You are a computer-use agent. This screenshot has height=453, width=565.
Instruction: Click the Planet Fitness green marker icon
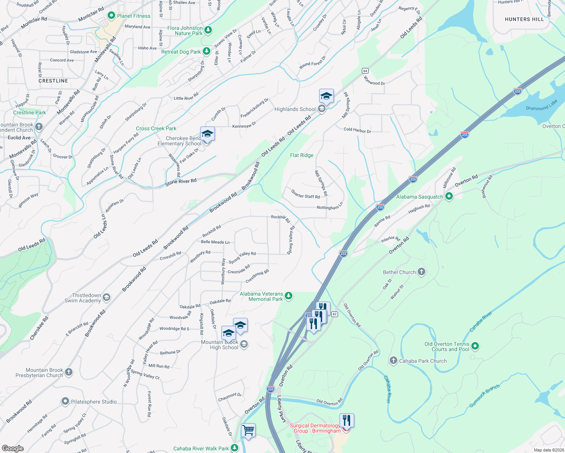[111, 15]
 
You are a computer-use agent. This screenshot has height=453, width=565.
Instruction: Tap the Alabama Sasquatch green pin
[449, 196]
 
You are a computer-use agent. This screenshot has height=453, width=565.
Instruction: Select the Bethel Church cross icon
[421, 272]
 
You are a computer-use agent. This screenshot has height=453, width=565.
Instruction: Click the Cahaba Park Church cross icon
[394, 361]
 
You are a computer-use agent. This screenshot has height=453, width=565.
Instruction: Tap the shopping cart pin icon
[248, 430]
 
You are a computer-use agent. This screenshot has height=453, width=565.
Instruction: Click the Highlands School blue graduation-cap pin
[326, 96]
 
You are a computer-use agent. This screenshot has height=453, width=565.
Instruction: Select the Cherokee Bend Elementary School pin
[207, 134]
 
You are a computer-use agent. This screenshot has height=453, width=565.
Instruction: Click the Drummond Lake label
[541, 105]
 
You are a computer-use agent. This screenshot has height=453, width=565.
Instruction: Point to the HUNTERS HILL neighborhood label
[524, 19]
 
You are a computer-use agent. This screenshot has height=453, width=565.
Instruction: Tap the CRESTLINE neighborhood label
[53, 81]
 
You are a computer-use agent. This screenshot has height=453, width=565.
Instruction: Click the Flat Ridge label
[301, 155]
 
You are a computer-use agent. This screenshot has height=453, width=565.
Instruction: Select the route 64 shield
[365, 71]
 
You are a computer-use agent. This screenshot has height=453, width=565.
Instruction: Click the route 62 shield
[335, 314]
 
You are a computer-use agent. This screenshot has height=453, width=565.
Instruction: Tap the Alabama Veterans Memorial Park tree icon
[289, 296]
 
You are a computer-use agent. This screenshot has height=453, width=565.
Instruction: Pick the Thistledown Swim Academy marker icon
[107, 297]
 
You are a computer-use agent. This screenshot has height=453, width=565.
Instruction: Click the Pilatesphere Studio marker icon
[65, 401]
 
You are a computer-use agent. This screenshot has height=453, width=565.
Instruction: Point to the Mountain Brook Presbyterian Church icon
[68, 372]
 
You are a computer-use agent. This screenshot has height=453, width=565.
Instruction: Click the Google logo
[13, 448]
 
